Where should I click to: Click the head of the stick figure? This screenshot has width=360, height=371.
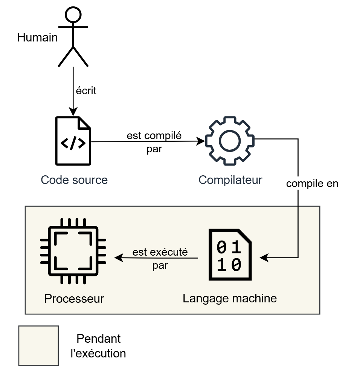(x=73, y=15)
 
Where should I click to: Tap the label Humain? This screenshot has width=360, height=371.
(x=38, y=38)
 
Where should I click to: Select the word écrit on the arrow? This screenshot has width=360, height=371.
(x=86, y=91)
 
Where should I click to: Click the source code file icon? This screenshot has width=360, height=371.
(x=73, y=141)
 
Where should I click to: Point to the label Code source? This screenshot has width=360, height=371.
(x=74, y=180)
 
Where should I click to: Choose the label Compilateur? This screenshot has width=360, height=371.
(x=230, y=180)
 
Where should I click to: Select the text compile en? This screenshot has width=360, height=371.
(x=312, y=184)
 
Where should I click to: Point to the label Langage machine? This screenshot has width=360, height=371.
(x=230, y=298)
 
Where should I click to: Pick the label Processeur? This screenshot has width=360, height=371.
(x=74, y=299)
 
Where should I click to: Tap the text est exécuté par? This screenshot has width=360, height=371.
(x=160, y=259)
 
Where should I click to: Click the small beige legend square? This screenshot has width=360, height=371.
(x=38, y=346)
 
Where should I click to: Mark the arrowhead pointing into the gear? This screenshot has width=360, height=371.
(x=202, y=141)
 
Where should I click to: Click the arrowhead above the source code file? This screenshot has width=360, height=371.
(x=73, y=112)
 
